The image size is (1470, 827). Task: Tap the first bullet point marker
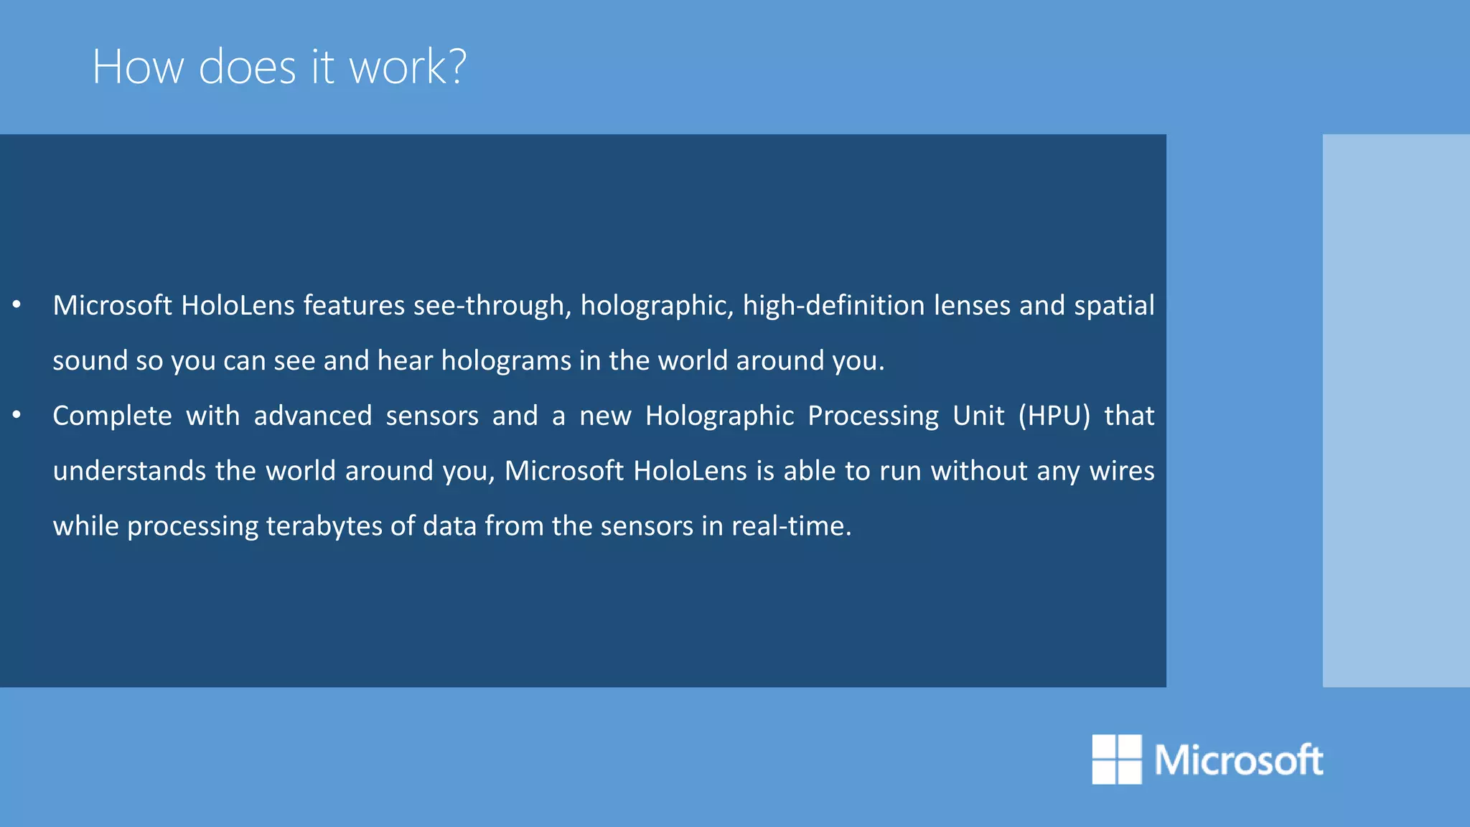(17, 305)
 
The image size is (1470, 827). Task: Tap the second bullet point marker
(17, 415)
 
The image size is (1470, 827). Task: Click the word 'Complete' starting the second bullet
(112, 416)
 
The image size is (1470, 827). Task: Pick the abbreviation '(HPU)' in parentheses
(1054, 416)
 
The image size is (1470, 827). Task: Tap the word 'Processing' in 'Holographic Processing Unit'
(873, 416)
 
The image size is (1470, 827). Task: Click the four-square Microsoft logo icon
(1116, 759)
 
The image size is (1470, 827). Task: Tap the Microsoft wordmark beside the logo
(1238, 760)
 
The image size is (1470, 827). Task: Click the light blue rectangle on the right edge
(1395, 411)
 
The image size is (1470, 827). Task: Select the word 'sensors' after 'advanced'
(432, 416)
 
